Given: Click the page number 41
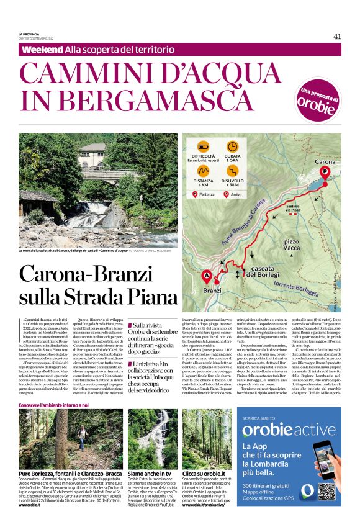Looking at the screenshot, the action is tap(337, 36).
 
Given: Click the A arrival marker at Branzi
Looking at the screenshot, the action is tap(207, 277).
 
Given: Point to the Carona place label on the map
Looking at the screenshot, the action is tap(325, 161).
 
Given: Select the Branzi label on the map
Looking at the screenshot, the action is tap(212, 290).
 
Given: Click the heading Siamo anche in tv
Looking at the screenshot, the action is tap(149, 473).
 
